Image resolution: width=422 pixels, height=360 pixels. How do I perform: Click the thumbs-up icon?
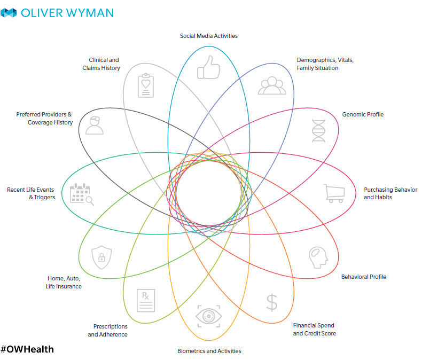pos(209,68)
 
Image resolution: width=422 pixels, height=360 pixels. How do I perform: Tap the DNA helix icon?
pos(319,130)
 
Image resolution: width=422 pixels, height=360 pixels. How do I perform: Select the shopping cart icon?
pos(333,193)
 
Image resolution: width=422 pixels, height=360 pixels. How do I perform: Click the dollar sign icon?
pos(272,302)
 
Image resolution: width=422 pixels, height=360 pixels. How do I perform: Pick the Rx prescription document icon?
pos(146,301)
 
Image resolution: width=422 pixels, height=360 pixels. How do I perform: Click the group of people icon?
pos(272,86)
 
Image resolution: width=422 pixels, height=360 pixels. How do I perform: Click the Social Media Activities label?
pos(208,36)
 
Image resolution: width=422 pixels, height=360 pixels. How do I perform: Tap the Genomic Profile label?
pos(363,114)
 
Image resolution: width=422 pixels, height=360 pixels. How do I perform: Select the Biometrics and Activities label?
pos(209,351)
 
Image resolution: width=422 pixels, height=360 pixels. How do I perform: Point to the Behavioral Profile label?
pos(364,277)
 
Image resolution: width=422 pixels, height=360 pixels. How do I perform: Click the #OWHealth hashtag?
pos(27,349)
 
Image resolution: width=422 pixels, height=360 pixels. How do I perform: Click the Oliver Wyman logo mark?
pos(9,12)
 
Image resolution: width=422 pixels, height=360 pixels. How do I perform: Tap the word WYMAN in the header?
pos(89,12)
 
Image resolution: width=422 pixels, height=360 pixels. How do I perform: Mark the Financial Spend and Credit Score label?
pos(315,329)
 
